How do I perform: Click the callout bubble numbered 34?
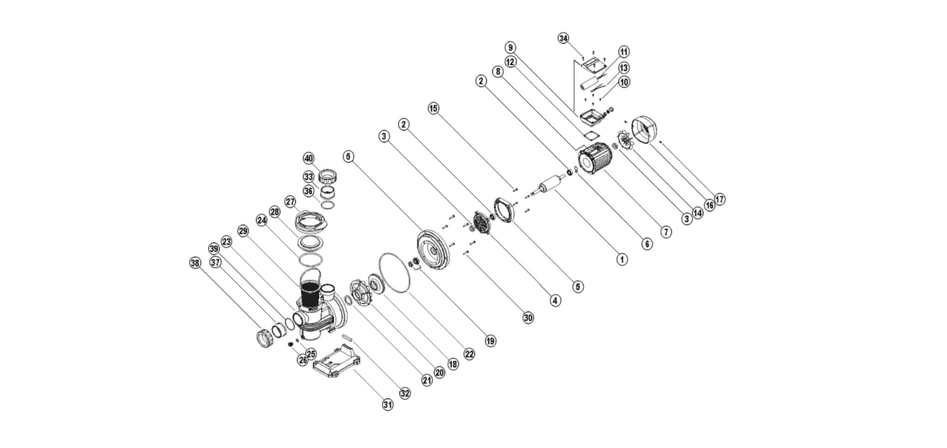point(563,38)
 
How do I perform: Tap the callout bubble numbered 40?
point(308,159)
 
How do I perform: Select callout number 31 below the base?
point(387,405)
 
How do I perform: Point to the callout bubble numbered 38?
point(196,263)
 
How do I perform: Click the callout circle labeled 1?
point(622,259)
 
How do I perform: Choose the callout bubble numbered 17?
point(719,199)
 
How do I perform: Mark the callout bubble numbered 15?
point(433,109)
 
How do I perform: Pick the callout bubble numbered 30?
point(528,318)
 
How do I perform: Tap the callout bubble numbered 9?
point(510,48)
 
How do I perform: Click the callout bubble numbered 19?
point(490,341)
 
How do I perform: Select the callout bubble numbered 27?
point(290,202)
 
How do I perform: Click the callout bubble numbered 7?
point(665,232)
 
